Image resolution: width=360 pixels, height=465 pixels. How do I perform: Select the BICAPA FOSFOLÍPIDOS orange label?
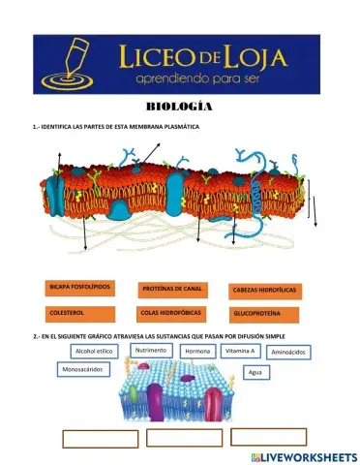[80, 288]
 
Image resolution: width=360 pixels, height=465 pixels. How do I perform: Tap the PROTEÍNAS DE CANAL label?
[172, 289]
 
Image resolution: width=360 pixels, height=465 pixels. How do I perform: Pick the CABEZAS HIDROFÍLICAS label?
[264, 290]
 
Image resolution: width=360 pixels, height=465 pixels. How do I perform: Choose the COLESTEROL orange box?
[80, 313]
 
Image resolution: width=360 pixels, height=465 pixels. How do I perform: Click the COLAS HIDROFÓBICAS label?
[172, 313]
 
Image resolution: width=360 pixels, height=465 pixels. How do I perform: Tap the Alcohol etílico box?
[95, 352]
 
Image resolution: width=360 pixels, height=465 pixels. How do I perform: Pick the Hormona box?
[197, 351]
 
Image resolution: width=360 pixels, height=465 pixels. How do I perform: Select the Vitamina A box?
[239, 351]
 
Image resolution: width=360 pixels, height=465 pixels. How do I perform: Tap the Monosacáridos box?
[84, 369]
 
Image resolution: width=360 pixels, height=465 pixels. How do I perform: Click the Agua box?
[255, 372]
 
